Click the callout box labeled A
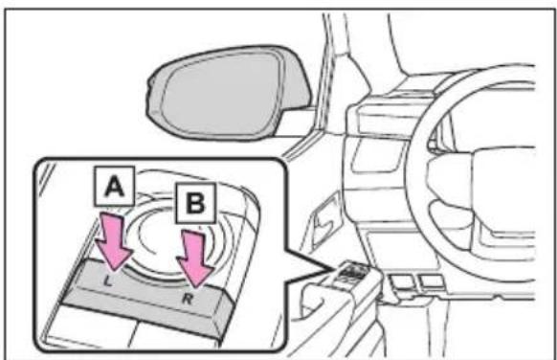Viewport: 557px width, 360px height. [114, 186]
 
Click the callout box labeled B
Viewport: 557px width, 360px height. [195, 203]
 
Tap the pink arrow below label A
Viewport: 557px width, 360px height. [114, 240]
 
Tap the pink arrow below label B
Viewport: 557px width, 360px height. [195, 258]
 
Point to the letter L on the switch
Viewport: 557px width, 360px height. [107, 281]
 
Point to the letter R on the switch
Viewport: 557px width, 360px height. [188, 300]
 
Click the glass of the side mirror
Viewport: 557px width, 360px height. [219, 94]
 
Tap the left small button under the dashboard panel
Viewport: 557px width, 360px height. [402, 282]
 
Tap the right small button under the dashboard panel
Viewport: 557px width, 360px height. [431, 281]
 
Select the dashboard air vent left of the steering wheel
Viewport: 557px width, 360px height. [377, 154]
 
